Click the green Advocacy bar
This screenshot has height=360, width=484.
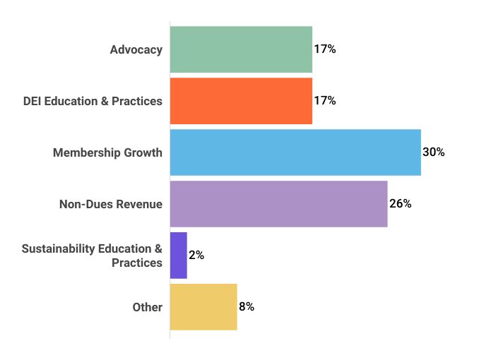pyautogui.click(x=241, y=49)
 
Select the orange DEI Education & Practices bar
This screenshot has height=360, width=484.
pyautogui.click(x=241, y=101)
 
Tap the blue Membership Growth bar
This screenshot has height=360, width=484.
pyautogui.click(x=295, y=152)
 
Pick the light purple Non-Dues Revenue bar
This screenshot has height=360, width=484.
pyautogui.click(x=278, y=204)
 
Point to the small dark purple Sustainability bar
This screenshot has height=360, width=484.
pyautogui.click(x=179, y=256)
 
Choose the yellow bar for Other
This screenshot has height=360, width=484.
pyautogui.click(x=203, y=307)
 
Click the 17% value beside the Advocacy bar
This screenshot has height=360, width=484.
pyautogui.click(x=324, y=49)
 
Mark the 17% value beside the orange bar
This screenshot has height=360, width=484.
pyautogui.click(x=324, y=101)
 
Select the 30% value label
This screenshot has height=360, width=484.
pyautogui.click(x=433, y=152)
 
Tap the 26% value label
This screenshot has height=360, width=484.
pyautogui.click(x=400, y=204)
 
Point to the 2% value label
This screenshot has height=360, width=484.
pyautogui.click(x=196, y=256)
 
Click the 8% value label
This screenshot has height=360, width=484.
pyautogui.click(x=247, y=307)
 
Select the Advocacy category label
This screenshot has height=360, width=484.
pyautogui.click(x=136, y=49)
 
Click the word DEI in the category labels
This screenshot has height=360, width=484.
pyautogui.click(x=33, y=101)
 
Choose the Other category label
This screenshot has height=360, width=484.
pyautogui.click(x=148, y=307)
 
